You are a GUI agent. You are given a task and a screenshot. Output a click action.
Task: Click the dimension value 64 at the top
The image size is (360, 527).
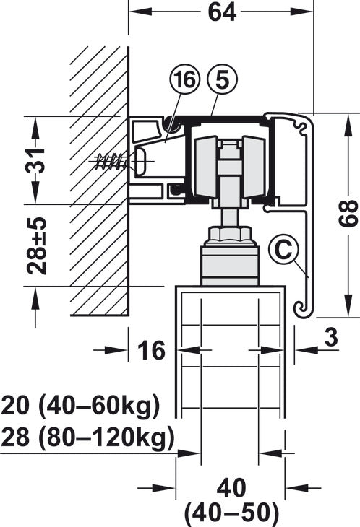click(222, 12)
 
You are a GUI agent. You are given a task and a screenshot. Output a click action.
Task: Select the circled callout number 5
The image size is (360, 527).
click(223, 80)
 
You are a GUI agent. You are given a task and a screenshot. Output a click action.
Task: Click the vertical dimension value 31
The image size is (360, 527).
click(35, 160)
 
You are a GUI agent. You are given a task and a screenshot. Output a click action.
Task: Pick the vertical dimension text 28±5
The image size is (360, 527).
click(36, 245)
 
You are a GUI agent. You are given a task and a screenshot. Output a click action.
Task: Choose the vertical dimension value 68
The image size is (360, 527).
click(348, 214)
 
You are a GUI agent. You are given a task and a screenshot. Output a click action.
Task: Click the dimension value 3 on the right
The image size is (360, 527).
click(331, 337)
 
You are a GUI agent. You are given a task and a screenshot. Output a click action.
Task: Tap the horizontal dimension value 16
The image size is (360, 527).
click(151, 350)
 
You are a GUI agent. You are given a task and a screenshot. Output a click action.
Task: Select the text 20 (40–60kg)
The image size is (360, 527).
click(80, 406)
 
